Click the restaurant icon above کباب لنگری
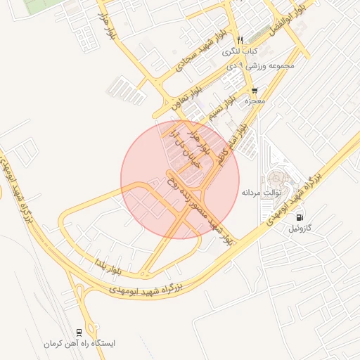(240, 40)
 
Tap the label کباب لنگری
(240, 51)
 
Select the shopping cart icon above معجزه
(254, 91)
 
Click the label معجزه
(254, 102)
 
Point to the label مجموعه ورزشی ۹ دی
(267, 65)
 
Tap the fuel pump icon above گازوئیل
(301, 217)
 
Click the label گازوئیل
(304, 229)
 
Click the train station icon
(79, 332)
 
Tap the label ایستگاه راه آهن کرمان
(79, 344)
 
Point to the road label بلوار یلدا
(111, 266)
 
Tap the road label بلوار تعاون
(185, 97)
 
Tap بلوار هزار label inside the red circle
(206, 141)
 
